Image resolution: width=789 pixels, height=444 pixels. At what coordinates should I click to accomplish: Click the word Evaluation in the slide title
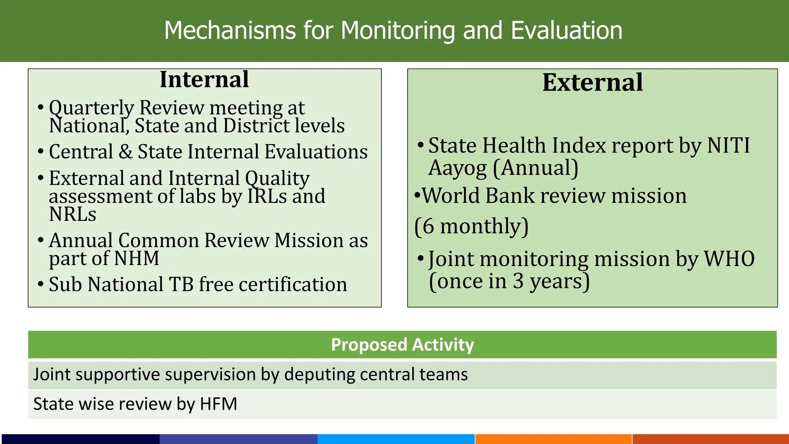[x=566, y=30]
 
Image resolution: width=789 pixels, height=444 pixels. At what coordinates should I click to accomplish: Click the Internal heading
[x=204, y=80]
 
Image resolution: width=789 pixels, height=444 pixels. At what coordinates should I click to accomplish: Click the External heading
[x=593, y=82]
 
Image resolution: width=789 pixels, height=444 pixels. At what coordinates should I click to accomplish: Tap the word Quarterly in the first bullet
[x=91, y=108]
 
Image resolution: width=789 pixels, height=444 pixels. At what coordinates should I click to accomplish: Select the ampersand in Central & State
[x=125, y=151]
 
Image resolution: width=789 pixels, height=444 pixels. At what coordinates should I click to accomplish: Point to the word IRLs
[x=267, y=196]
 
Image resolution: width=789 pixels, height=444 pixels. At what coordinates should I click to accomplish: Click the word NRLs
[x=72, y=214]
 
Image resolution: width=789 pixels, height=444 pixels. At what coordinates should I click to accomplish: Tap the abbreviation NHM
[x=137, y=258]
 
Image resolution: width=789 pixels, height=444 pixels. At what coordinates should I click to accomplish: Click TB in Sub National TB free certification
[x=181, y=284]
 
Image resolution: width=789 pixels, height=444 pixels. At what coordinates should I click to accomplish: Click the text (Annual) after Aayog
[x=536, y=168]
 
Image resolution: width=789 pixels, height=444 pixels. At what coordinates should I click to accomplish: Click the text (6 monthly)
[x=471, y=226]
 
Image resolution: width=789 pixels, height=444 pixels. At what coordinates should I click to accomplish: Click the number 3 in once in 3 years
[x=518, y=281]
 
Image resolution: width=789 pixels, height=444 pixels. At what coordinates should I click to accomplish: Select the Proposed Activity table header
[x=402, y=345]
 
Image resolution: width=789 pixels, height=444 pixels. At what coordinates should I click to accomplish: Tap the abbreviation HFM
[x=218, y=404]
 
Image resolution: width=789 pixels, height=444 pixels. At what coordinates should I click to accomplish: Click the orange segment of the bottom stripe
[x=553, y=439]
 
